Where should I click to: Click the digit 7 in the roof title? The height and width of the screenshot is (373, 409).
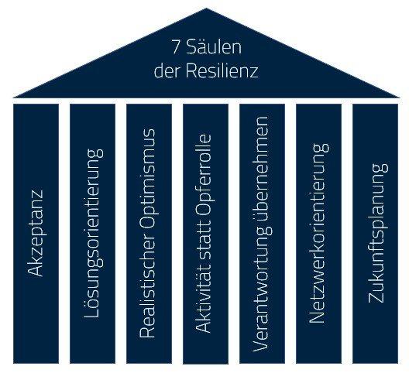pos(176,48)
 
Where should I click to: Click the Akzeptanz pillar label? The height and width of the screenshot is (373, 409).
pos(35,233)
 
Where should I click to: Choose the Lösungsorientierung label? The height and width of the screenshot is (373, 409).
pos(93,233)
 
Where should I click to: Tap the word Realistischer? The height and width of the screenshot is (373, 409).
pos(148,279)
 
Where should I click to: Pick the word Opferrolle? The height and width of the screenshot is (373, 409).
pos(204,174)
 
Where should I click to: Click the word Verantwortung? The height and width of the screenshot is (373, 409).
pos(262,289)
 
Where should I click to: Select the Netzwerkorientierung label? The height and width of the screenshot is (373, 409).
pos(318,233)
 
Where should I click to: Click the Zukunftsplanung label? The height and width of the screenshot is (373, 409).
pos(376,233)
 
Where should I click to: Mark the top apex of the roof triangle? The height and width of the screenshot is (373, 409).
pos(206,8)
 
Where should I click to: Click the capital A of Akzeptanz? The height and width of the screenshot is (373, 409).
pos(35,270)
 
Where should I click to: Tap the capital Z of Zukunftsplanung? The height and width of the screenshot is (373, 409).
pos(376,298)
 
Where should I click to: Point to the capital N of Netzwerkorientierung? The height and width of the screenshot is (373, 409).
pos(317,318)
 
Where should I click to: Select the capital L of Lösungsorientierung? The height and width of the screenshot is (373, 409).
pos(91,313)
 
